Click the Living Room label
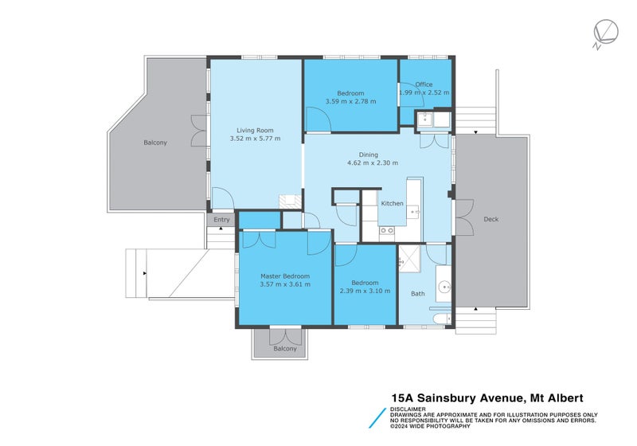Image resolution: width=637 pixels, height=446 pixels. coord(255,131)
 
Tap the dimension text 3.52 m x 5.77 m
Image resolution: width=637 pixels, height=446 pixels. coord(255,139)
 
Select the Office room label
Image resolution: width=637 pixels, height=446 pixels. coord(424,84)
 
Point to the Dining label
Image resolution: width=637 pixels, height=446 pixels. coord(369,155)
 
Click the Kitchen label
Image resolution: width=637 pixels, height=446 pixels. coord(392,204)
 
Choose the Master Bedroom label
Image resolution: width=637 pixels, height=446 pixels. coord(285,276)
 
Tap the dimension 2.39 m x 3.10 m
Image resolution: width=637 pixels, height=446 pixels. coord(365,291)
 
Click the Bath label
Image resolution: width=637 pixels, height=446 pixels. coord(417,294)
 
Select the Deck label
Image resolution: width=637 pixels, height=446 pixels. coord(491,219)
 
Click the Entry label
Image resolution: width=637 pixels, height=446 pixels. coord(221,220)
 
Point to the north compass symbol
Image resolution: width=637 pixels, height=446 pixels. coord(605,33)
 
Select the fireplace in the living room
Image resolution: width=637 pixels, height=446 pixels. coord(291,201)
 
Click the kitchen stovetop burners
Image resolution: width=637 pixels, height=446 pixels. coord(387,231)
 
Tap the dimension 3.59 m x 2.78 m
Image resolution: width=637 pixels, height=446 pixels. coord(350,102)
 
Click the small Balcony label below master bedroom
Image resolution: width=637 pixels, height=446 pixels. coord(285,349)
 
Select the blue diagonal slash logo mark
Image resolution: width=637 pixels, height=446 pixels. coord(377,418)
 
